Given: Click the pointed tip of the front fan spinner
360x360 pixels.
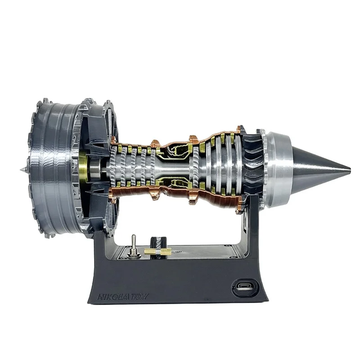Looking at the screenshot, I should click(22, 170).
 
